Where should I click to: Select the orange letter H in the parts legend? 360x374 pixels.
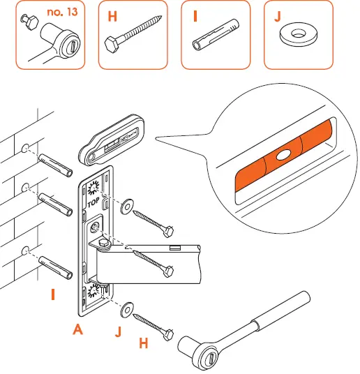point(111,15)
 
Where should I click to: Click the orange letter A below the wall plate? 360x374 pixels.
point(78,331)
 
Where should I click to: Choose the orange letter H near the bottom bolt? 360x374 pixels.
point(144,343)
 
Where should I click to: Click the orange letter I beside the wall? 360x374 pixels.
point(52,295)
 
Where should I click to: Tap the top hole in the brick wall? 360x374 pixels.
point(26,148)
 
